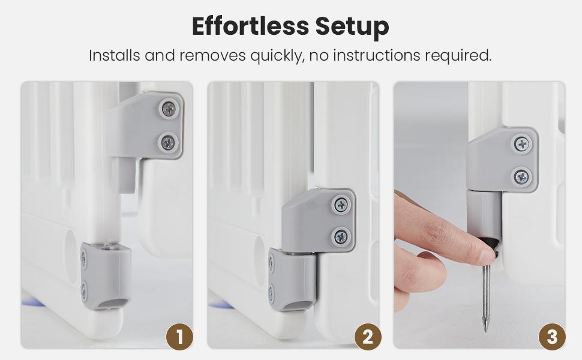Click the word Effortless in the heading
coord(251,26)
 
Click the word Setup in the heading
coord(352,27)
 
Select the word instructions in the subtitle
coord(377,55)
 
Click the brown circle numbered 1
coord(179,337)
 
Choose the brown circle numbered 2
coord(367,337)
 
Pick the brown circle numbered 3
coord(552,337)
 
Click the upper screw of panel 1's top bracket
coord(169,109)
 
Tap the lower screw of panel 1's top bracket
coord(168,143)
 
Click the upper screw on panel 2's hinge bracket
coord(341,205)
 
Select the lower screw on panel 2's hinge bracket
coord(341,236)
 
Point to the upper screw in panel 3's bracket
coord(522,144)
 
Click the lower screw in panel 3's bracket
coord(522,177)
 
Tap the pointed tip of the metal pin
coord(485,331)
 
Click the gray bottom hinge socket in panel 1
coord(106,276)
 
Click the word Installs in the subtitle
coord(115,55)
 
